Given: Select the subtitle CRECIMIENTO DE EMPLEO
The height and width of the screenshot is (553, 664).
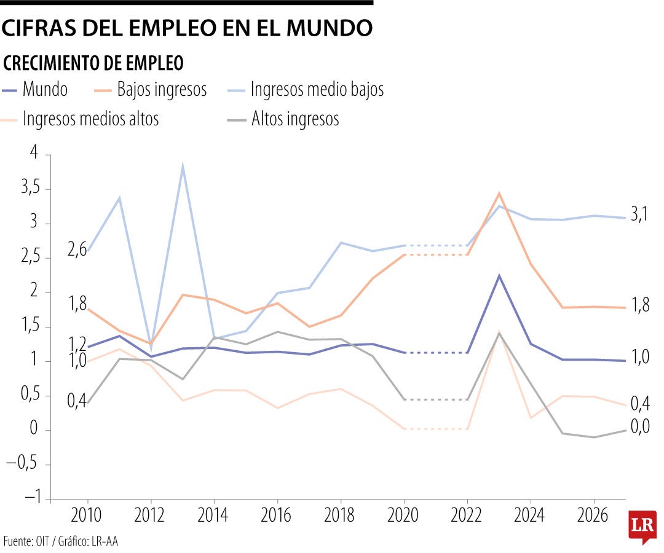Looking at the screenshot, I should click(93, 63).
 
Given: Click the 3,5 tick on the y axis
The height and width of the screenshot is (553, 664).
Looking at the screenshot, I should click(30, 189).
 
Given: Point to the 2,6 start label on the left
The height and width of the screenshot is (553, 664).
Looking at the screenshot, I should click(77, 251).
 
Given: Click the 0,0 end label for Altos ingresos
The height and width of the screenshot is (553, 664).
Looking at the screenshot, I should click(640, 426).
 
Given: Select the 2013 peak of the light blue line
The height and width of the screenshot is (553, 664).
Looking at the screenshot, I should click(183, 165).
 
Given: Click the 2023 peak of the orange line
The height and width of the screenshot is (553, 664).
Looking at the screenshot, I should click(499, 193).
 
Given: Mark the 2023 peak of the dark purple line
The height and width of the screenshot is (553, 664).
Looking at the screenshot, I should click(499, 275).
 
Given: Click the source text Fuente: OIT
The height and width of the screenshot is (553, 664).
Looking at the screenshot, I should click(30, 541).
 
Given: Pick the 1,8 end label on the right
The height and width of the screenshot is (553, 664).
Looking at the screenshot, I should click(640, 306).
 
